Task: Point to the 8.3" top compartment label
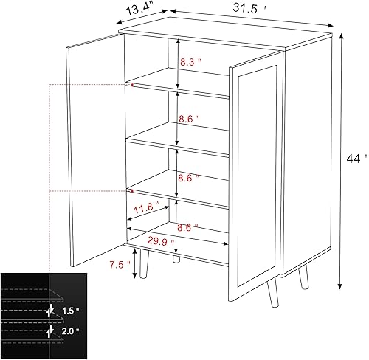190,64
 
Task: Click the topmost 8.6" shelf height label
190,117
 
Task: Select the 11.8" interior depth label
145,209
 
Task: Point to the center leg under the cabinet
175,259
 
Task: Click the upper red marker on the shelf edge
132,85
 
